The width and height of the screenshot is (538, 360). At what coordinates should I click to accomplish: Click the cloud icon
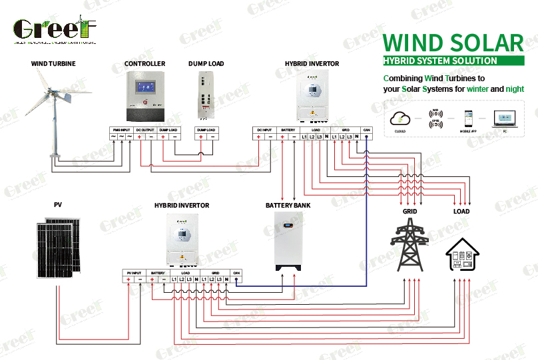pyautogui.click(x=401, y=118)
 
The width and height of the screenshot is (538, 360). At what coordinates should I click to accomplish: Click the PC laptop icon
pyautogui.click(x=504, y=118)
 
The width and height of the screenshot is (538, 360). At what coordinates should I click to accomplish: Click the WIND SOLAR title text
pyautogui.click(x=453, y=42)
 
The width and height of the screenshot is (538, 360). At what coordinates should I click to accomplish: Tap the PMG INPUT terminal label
pyautogui.click(x=121, y=130)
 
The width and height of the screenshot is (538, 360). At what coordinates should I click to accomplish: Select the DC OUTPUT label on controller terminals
pyautogui.click(x=144, y=130)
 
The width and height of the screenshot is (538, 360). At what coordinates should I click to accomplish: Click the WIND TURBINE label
pyautogui.click(x=53, y=64)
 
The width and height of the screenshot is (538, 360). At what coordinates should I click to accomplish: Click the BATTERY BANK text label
pyautogui.click(x=288, y=206)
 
